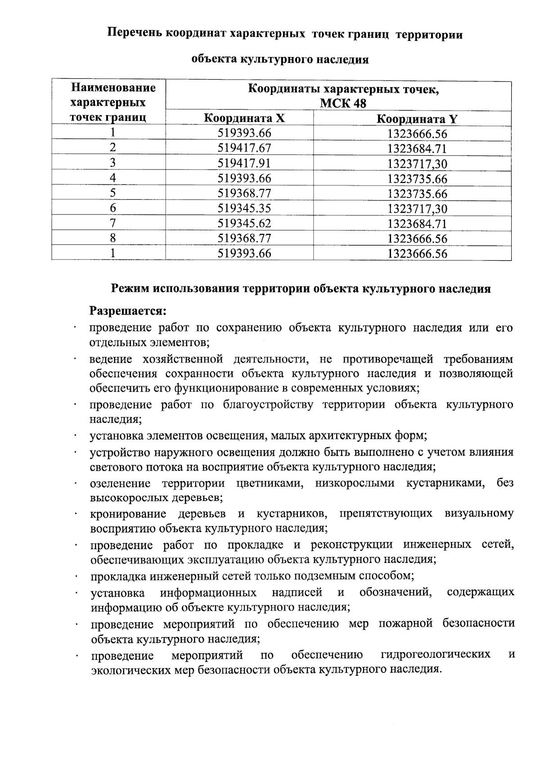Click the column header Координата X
tap(244, 119)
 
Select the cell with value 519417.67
tap(244, 148)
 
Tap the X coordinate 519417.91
tap(244, 163)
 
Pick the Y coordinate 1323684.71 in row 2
tap(417, 149)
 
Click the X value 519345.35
tap(244, 208)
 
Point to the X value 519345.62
tap(244, 223)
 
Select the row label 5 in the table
tap(112, 193)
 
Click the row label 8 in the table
tap(112, 238)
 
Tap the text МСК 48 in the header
tap(343, 104)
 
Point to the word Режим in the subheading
tap(130, 289)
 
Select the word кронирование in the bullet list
tap(128, 514)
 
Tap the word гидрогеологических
tap(435, 654)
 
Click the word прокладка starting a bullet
tap(118, 576)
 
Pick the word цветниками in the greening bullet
tap(268, 484)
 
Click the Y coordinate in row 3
tap(417, 164)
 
